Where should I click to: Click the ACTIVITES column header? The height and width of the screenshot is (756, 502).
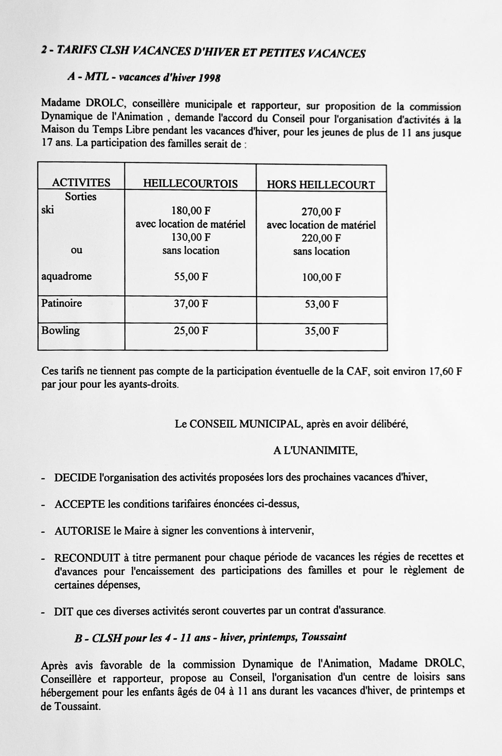click(81, 182)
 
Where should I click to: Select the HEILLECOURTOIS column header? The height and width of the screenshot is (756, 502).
click(190, 184)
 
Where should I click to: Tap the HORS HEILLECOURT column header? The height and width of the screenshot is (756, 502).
click(321, 185)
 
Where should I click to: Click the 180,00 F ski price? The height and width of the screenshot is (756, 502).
click(191, 210)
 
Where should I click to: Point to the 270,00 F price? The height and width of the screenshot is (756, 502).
click(321, 211)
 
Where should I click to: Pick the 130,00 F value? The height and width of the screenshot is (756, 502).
click(191, 237)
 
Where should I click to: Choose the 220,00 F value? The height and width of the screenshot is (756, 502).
click(321, 238)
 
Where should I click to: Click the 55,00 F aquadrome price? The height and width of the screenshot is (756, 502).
click(191, 277)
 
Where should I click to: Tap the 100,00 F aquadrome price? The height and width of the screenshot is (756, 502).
click(321, 277)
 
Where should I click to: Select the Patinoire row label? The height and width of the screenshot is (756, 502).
click(62, 303)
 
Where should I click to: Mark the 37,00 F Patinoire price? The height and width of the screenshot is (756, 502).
click(191, 304)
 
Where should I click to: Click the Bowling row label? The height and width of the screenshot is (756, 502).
click(60, 330)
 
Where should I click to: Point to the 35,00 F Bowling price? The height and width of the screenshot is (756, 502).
click(321, 331)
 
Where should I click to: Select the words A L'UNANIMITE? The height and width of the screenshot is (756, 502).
click(315, 450)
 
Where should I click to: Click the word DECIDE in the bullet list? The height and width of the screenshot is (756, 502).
click(75, 478)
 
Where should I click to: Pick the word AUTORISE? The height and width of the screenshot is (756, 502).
click(82, 531)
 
